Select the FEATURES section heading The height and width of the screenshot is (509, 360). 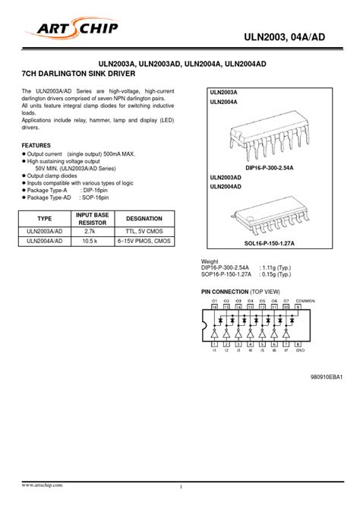36,144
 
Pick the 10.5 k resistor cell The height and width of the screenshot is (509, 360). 90,241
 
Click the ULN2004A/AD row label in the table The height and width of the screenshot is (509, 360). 44,241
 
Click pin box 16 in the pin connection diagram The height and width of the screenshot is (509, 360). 216,308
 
